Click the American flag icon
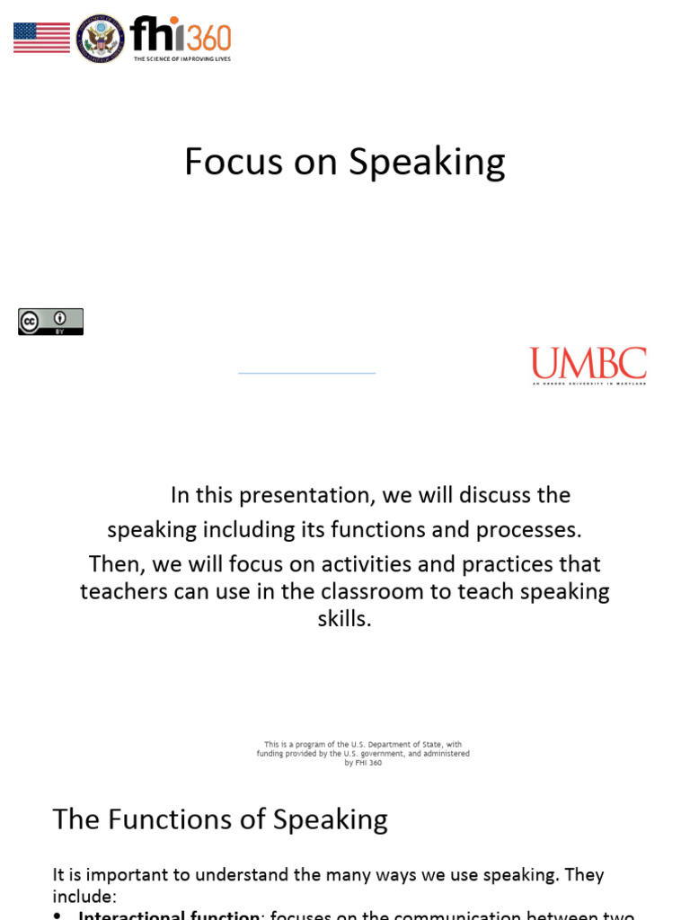tap(41, 38)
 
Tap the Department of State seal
tap(100, 39)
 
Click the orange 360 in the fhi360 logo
tap(209, 38)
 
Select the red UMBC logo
tap(588, 364)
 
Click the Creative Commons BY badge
tap(50, 322)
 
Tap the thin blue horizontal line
tap(306, 372)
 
